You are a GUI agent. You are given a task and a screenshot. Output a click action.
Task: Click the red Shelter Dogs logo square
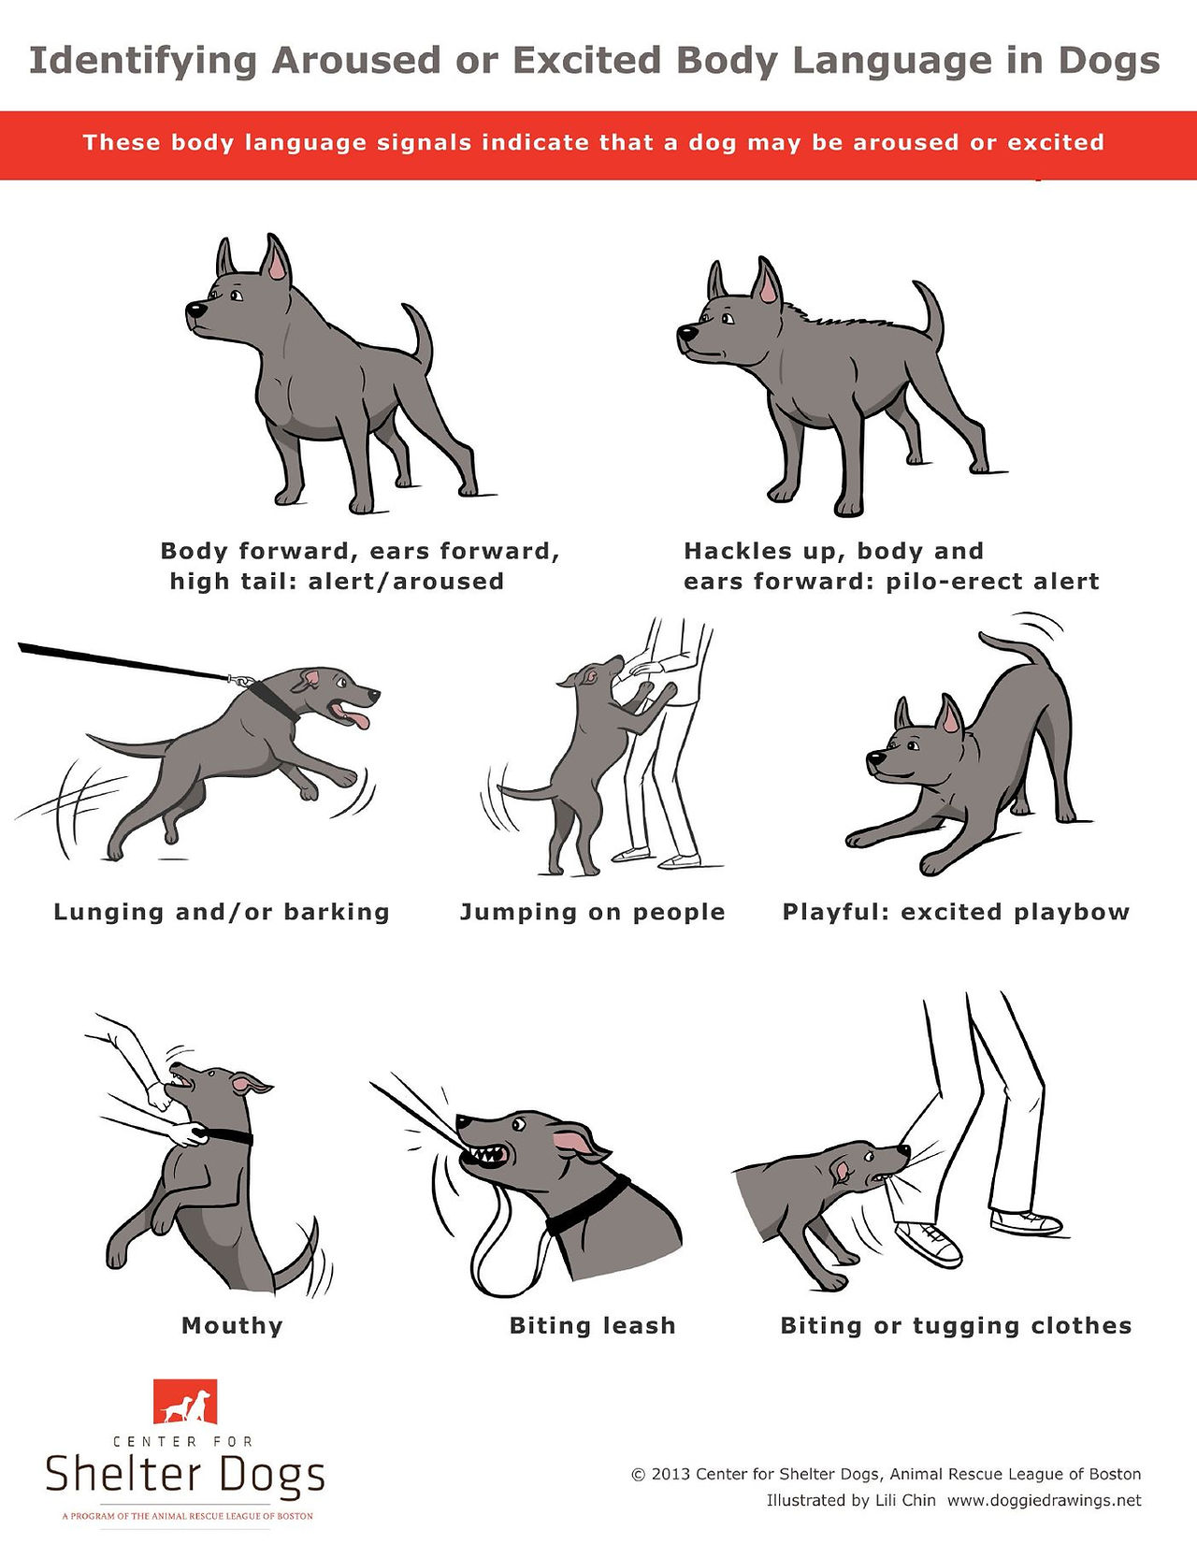pos(185,1401)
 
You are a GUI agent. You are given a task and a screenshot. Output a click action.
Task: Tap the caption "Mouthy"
pos(232,1326)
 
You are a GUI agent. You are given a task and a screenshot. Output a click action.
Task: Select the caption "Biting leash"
pos(592,1326)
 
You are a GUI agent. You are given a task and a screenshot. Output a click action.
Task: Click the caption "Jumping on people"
pos(592,913)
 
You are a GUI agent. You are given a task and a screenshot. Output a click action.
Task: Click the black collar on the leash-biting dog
pos(587,1205)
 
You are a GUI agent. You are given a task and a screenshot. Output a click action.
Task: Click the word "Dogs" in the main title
pos(1109,62)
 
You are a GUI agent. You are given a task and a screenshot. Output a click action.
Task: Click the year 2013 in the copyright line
pos(671,1475)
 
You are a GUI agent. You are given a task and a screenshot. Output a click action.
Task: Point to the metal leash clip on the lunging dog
pos(240,680)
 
